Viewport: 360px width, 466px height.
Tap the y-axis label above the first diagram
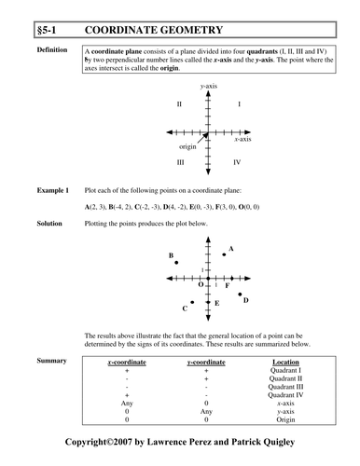(209, 87)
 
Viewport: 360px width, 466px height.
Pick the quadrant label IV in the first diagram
(237, 162)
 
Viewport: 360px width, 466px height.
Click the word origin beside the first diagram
(187, 147)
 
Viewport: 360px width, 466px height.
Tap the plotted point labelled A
(224, 254)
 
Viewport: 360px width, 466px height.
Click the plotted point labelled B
(176, 263)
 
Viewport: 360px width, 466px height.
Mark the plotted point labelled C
(192, 302)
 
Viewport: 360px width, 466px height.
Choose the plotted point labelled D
(239, 294)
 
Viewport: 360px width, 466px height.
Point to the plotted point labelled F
(231, 279)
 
